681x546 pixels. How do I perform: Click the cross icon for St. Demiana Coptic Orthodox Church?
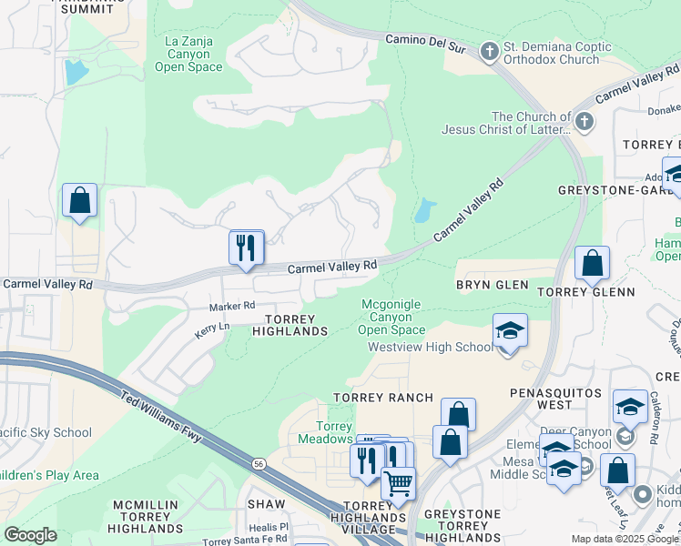[490, 51]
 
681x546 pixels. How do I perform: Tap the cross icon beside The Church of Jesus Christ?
[584, 120]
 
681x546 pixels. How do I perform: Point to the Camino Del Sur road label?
[425, 43]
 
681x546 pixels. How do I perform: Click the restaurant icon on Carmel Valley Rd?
[246, 248]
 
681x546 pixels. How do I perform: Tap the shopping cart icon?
[397, 484]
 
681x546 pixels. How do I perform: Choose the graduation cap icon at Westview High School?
[510, 333]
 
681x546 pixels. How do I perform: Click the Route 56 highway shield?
[259, 464]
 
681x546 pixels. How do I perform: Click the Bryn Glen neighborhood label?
[492, 285]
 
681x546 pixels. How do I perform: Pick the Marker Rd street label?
[232, 307]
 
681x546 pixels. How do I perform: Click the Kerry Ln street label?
[213, 329]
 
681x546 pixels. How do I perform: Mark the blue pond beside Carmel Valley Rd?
[424, 212]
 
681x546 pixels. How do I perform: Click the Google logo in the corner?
[30, 535]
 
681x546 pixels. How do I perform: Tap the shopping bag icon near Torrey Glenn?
[592, 265]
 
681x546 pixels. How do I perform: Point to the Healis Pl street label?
[269, 526]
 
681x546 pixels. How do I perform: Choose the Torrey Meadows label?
[325, 432]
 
